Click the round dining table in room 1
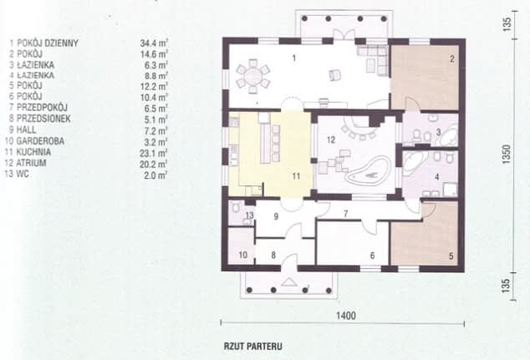pyautogui.click(x=252, y=76)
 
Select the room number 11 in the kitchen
pyautogui.click(x=296, y=176)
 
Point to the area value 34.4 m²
pyautogui.click(x=154, y=43)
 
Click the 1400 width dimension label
pyautogui.click(x=346, y=316)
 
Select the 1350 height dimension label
pyautogui.click(x=507, y=155)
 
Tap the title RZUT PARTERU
pyautogui.click(x=253, y=347)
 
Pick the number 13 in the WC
pyautogui.click(x=249, y=215)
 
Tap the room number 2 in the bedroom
pyautogui.click(x=452, y=59)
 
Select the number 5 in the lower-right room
pyautogui.click(x=451, y=256)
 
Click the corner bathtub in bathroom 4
pyautogui.click(x=414, y=162)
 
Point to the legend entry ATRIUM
pyautogui.click(x=31, y=163)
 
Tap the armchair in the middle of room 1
pyautogui.click(x=334, y=75)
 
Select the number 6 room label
pyautogui.click(x=372, y=256)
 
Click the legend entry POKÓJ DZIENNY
pyautogui.click(x=48, y=43)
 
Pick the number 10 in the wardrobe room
pyautogui.click(x=243, y=255)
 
